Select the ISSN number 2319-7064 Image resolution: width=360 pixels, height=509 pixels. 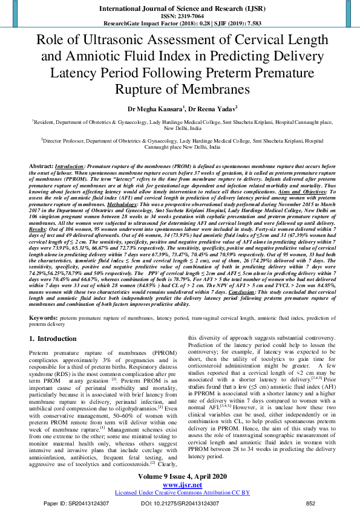pos(180,16)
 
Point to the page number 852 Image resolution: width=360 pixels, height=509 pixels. pos(310,502)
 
